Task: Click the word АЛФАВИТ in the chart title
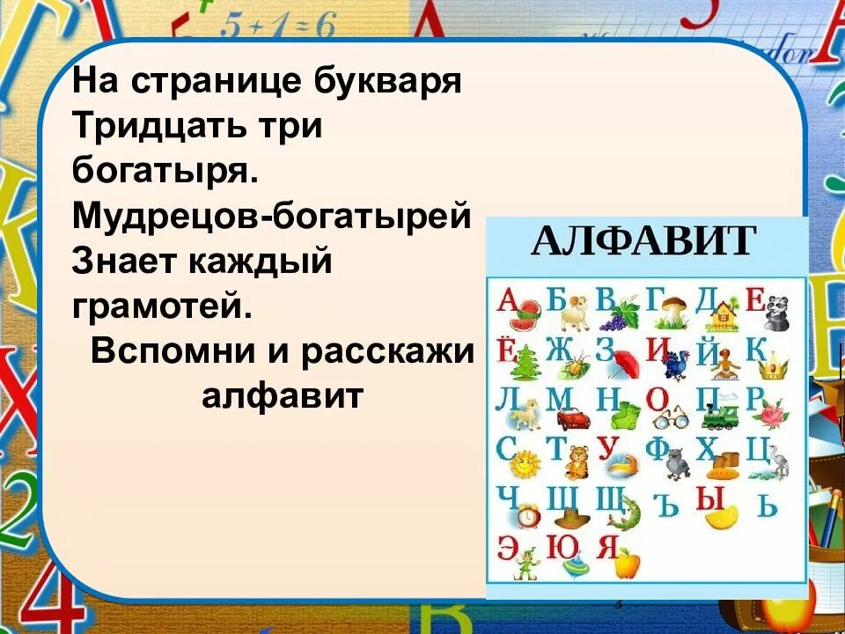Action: coord(643,240)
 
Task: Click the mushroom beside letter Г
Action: coord(675,309)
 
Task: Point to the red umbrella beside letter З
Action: coord(624,362)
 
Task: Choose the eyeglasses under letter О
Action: coord(672,417)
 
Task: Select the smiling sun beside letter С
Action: coord(525,461)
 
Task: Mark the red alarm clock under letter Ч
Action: coord(528,515)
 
